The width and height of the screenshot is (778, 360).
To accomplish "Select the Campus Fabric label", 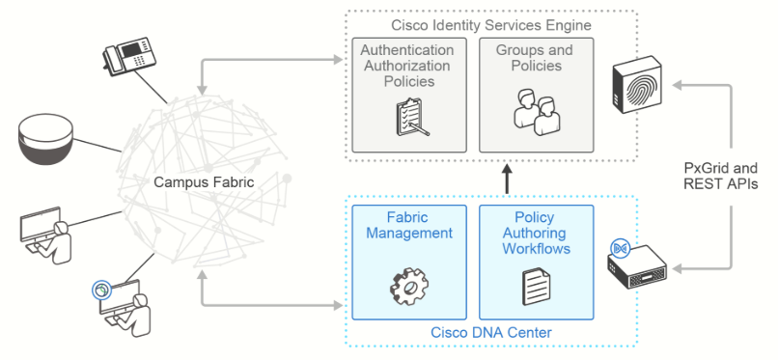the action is point(204,182).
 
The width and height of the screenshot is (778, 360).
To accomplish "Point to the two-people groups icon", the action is point(537,115).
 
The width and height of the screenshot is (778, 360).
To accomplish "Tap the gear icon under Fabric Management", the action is point(409,288).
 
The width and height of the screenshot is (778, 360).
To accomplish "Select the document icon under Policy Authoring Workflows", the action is point(536,287).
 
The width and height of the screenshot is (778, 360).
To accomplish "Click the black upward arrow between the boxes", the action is point(507,180).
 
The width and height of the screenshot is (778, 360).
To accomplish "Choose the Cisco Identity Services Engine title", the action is point(491,25).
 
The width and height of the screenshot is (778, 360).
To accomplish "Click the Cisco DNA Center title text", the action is point(491,332).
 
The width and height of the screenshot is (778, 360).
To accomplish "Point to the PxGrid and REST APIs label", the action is point(720,175).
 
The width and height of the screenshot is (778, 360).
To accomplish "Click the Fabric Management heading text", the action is point(409,225).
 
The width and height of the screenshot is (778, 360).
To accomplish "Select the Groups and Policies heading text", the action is point(535,58).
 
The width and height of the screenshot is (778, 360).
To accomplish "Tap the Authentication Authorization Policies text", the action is point(407,66).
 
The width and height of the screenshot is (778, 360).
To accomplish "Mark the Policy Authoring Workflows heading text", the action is point(537,233).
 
